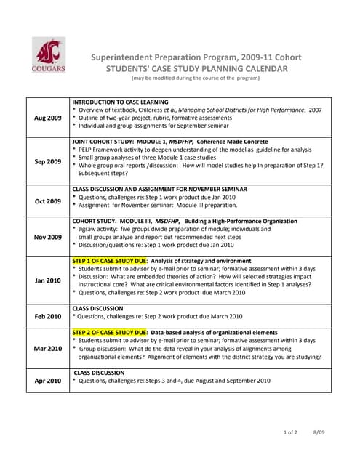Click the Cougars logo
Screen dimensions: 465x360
coord(48,55)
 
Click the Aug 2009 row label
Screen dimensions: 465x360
coord(48,117)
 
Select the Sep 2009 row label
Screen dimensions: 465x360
coord(48,161)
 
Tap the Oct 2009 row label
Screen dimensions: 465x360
coord(48,201)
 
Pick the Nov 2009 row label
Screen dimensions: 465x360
coord(48,236)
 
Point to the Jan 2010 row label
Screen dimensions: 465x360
coord(48,280)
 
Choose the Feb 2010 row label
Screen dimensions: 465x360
coord(48,316)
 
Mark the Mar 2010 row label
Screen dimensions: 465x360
coord(48,348)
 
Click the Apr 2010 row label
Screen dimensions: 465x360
coord(48,380)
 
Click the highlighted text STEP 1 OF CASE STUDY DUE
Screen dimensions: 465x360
coord(110,260)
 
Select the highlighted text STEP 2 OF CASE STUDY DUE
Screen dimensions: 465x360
coord(110,332)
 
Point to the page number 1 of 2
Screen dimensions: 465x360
coord(289,433)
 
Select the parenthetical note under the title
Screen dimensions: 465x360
coord(195,78)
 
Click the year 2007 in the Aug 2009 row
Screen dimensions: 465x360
coord(314,110)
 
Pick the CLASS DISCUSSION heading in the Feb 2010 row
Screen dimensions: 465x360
coord(98,308)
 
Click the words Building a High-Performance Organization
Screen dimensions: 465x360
coord(240,221)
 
